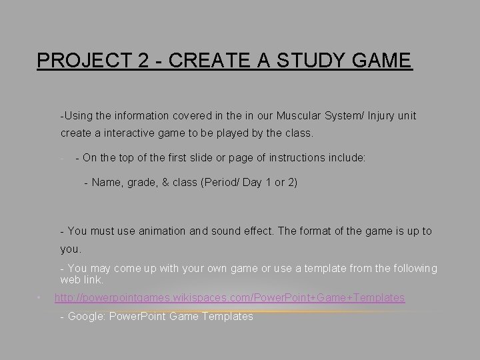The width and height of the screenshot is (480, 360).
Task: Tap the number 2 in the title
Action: pos(142,61)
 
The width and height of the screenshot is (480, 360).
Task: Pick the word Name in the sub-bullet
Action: pos(106,182)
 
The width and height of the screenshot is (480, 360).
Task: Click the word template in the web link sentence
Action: pos(322,268)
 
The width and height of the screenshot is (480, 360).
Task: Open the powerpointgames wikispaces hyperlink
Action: pos(229,298)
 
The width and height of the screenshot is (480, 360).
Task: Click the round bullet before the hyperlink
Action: pos(40,297)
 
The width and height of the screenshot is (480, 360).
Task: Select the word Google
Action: pos(85,317)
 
